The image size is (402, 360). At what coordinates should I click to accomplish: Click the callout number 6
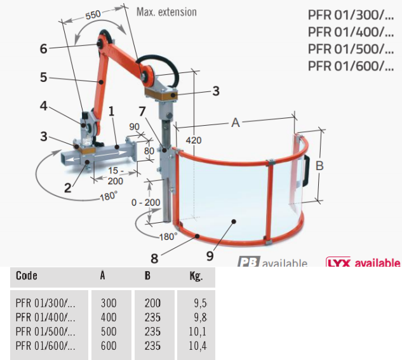click(x=43, y=48)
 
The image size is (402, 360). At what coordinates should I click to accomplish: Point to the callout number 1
click(x=111, y=110)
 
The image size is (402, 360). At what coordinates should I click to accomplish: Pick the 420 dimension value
click(x=196, y=139)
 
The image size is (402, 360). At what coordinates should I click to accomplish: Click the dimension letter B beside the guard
click(x=320, y=166)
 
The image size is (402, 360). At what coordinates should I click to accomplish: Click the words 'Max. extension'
click(x=167, y=11)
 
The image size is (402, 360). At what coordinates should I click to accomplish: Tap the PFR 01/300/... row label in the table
click(x=46, y=303)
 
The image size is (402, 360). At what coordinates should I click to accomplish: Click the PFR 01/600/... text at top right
click(x=347, y=65)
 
